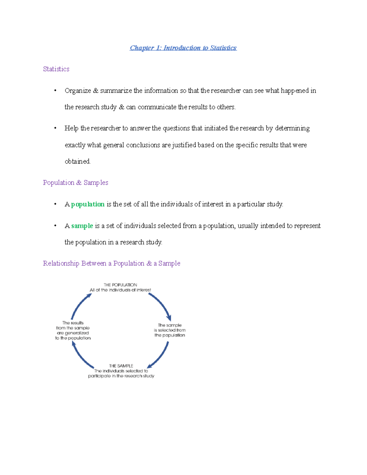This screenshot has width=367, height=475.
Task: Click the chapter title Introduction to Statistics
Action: pyautogui.click(x=183, y=48)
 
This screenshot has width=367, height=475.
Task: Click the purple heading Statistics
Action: pyautogui.click(x=56, y=69)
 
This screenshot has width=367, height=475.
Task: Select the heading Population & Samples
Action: pyautogui.click(x=76, y=183)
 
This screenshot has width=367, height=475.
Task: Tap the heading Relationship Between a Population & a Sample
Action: pyautogui.click(x=112, y=263)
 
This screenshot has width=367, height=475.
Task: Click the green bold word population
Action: pyautogui.click(x=88, y=204)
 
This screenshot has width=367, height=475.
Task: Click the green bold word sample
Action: pyautogui.click(x=82, y=226)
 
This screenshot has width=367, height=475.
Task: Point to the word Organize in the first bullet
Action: pyautogui.click(x=78, y=91)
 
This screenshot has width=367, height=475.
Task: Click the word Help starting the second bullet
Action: pyautogui.click(x=71, y=128)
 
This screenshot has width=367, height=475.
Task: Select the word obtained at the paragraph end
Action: pyautogui.click(x=77, y=161)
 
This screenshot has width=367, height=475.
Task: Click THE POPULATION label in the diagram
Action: pyautogui.click(x=120, y=285)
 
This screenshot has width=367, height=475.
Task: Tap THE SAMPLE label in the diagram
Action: pyautogui.click(x=121, y=366)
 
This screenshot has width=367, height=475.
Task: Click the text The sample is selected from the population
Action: pyautogui.click(x=170, y=330)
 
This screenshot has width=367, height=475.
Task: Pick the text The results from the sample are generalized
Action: pyautogui.click(x=73, y=330)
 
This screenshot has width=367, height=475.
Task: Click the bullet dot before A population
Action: pyautogui.click(x=55, y=204)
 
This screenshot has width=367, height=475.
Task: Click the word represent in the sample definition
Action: pyautogui.click(x=307, y=226)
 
